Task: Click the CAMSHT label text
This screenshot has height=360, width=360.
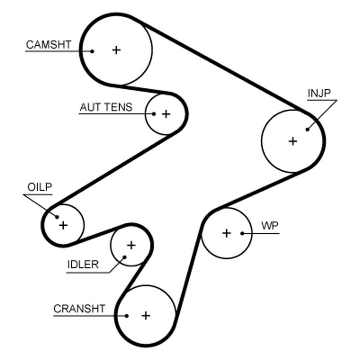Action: [49, 45]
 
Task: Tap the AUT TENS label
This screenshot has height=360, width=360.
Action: [106, 107]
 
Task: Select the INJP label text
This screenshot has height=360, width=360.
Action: [319, 93]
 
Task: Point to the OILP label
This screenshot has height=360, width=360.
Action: [40, 187]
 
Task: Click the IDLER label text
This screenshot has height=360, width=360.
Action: [82, 264]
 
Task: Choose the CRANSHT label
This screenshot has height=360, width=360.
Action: [79, 309]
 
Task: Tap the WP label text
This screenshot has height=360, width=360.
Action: [270, 226]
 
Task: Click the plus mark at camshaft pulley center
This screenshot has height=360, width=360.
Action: [117, 50]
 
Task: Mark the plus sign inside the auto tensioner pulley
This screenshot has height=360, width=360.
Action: [166, 114]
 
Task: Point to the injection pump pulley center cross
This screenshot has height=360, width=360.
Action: [293, 141]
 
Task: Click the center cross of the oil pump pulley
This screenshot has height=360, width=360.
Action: [63, 225]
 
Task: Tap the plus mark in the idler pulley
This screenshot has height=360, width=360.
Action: [131, 245]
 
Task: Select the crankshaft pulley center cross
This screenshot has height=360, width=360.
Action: [145, 315]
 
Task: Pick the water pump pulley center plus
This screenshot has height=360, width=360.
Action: [226, 233]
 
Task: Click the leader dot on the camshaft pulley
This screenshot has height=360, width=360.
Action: [92, 51]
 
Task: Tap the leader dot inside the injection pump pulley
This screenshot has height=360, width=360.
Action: [308, 129]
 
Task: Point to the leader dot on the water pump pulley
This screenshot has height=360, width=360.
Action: [242, 233]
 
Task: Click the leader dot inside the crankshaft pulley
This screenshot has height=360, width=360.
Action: [127, 315]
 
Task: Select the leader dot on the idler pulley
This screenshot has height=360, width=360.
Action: [125, 257]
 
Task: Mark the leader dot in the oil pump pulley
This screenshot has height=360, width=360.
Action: [58, 217]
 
